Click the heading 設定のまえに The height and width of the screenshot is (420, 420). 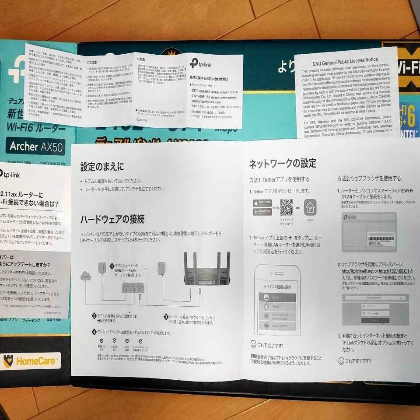pos(102,166)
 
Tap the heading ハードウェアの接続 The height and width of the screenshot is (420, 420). pos(112,218)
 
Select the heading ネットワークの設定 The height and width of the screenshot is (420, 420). pos(282,164)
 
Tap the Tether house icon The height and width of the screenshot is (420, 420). pos(310,207)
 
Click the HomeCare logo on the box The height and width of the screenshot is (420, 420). pos(31,361)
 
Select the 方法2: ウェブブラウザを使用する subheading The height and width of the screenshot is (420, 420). pos(368,178)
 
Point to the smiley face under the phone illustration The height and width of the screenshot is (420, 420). pos(253,344)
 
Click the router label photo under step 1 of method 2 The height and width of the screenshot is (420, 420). pos(369,231)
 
